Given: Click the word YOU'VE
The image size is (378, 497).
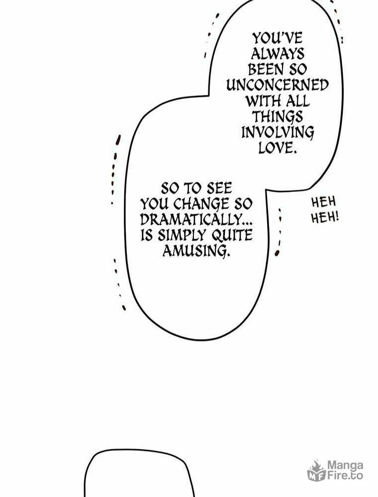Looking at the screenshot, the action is pos(278,38).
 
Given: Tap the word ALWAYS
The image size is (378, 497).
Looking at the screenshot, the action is pos(278,54).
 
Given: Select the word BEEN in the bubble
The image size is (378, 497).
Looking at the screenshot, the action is pos(264,70).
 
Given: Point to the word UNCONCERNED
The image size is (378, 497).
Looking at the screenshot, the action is pos(278,85).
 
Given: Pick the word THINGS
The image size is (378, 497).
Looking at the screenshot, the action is pos(278,117).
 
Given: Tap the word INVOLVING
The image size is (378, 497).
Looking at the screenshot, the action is pos(278,133).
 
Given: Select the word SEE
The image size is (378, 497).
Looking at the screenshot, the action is pos(219,188).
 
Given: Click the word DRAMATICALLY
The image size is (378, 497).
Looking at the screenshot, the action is pos(192,220).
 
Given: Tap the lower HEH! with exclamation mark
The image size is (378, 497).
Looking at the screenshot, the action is pos(325,218).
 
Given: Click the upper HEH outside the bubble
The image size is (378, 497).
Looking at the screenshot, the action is pos(323,202).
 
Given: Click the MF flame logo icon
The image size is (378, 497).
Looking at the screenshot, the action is pos(316,470).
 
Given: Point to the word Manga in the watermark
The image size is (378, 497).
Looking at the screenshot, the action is pos(345,466).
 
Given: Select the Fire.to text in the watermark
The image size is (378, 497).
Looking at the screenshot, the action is pos(345,476).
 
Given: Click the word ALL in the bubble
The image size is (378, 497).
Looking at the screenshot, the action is pos(297,101).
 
